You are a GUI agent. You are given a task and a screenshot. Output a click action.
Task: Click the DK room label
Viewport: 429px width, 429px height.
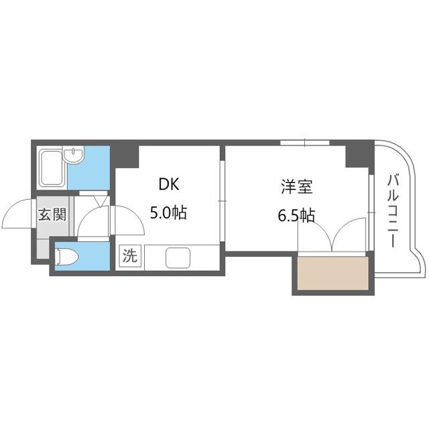coord(169,184)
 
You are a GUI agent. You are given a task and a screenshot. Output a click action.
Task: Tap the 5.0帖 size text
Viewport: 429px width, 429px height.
coord(168,212)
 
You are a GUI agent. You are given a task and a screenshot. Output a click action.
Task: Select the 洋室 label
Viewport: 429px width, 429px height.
coord(297,186)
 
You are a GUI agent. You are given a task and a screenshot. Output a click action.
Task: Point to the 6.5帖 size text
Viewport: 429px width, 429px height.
coord(296,214)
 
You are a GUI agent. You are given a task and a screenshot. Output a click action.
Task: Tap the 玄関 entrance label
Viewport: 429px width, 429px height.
coord(52,214)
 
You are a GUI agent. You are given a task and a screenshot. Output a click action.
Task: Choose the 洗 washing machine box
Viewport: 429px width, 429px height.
coord(129,255)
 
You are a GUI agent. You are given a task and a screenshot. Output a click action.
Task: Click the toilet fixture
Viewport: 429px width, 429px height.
coord(66,257)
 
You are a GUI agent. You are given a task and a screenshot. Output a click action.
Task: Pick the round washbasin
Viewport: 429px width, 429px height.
coord(74,155)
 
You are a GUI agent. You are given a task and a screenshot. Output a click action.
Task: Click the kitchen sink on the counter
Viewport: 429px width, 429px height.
coord(178,257)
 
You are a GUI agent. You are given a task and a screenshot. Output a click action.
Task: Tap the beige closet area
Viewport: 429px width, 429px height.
coord(332,273)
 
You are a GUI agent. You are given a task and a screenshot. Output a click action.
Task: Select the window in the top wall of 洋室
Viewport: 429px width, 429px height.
coord(305,143)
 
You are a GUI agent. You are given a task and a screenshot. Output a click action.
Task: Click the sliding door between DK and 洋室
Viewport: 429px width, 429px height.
coord(222,201)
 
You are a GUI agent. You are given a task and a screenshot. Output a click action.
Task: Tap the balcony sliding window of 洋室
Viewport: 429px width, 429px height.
coord(371,212)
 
